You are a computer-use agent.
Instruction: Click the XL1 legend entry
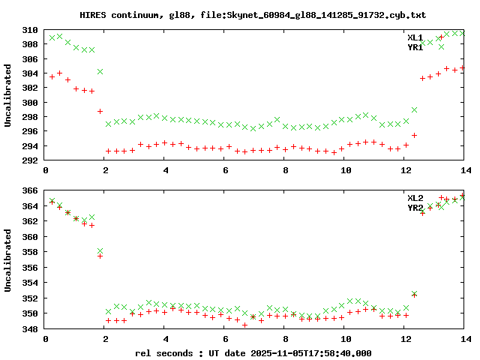[x=415, y=37]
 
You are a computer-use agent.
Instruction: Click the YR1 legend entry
[x=415, y=47]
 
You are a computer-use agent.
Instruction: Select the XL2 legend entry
[x=415, y=198]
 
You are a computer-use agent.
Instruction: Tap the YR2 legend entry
[x=415, y=208]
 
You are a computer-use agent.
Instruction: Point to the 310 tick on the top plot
[x=31, y=30]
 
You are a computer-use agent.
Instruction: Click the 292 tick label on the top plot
[x=31, y=161]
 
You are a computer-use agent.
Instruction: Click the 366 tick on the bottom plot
[x=31, y=190]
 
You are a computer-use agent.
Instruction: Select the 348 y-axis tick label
[x=31, y=329]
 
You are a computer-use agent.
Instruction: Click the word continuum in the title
[x=132, y=15]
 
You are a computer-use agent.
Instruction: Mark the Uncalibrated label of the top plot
[x=8, y=95]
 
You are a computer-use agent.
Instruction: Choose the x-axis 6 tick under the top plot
[x=224, y=172]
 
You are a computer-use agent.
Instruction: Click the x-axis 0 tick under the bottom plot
[x=46, y=340]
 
